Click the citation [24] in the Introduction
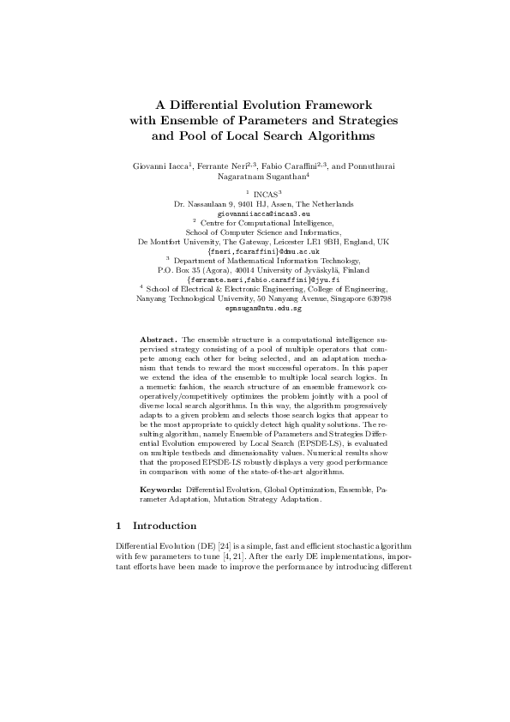(227, 545)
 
